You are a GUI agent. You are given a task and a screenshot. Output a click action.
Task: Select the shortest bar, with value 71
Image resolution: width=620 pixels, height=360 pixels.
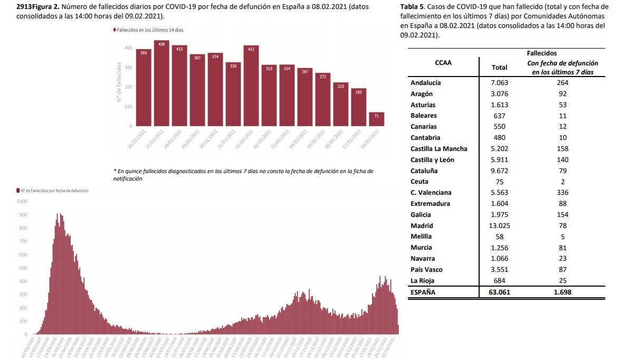point(377,119)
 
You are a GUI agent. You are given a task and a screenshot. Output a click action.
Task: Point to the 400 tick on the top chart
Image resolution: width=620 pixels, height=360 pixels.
point(128,48)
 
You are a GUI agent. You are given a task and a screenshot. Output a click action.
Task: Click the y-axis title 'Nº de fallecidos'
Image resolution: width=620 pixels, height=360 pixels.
point(120,83)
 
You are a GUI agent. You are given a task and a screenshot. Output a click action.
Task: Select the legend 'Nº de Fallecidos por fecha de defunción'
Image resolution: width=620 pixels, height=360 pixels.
point(53,190)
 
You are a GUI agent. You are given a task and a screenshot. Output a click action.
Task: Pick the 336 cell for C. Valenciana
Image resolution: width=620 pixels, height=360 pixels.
point(560,193)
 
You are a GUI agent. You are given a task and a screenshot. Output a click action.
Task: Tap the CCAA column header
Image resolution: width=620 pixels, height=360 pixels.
point(443,63)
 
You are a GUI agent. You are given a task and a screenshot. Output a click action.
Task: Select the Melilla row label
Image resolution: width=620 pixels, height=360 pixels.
point(421,236)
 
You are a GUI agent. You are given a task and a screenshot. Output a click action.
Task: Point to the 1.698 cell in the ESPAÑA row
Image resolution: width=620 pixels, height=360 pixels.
point(560,291)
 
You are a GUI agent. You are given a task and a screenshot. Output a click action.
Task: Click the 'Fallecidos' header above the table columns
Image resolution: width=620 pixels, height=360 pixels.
point(541,53)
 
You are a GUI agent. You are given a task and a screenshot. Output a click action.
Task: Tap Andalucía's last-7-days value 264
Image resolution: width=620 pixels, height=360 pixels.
point(560,83)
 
